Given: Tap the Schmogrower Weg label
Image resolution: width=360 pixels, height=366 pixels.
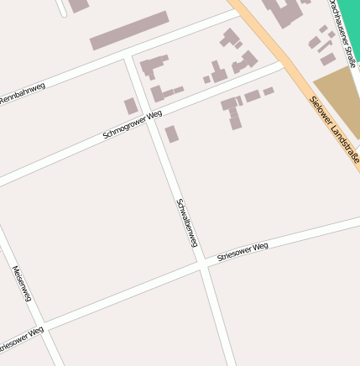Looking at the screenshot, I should coord(132,124).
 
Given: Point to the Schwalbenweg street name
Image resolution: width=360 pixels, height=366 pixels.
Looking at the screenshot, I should coord(186,222).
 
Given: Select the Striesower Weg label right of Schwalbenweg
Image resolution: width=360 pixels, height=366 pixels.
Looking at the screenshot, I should coord(243,251).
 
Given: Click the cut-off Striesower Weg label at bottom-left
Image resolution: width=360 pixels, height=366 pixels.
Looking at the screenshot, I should coord(20,339).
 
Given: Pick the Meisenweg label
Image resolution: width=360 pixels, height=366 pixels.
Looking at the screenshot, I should coord(22,284).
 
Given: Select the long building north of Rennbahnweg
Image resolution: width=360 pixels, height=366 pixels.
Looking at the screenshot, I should coord(129,30).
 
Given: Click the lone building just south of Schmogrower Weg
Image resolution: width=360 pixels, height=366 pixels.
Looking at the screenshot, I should coord(171,133).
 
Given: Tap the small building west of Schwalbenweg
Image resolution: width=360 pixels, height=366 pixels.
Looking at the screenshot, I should coord(131,107).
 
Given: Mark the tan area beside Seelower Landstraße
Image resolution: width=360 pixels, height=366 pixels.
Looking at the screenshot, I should coord(339,98).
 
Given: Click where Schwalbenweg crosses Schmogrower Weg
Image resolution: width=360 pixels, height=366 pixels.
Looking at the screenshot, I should coord(157,115).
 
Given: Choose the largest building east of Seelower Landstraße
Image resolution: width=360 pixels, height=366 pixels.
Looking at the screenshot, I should coord(285,10).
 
